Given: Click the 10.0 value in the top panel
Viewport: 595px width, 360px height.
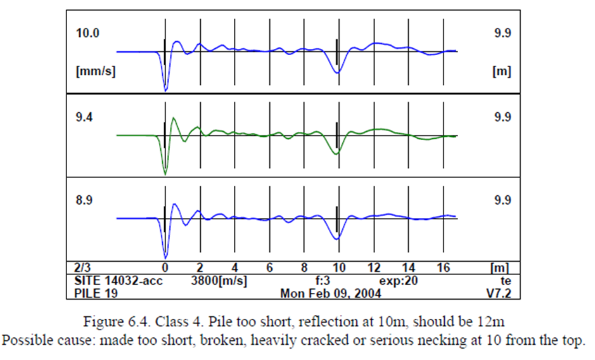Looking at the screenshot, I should (x=87, y=34).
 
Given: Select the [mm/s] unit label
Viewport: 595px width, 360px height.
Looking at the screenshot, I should (x=95, y=72).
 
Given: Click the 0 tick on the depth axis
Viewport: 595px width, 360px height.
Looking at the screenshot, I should (x=165, y=268).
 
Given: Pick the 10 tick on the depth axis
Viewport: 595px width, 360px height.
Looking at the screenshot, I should (x=339, y=268).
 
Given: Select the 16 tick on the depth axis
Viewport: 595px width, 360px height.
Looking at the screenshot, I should (x=444, y=268).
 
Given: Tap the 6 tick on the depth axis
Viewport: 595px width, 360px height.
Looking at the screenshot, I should (x=269, y=268).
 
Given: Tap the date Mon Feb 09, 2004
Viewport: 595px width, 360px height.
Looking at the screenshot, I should (x=330, y=293).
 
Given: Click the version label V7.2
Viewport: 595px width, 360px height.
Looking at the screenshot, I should (x=498, y=293).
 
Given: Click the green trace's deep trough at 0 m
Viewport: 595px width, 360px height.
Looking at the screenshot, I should (x=165, y=173).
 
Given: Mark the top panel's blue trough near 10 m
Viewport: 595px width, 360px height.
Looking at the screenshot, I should (x=338, y=72).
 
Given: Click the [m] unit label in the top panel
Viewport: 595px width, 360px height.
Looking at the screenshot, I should (x=501, y=72).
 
